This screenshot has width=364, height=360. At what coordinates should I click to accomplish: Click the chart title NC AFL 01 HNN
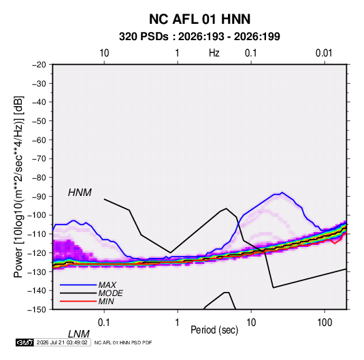(199, 19)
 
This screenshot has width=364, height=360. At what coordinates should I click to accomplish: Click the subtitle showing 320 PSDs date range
(199, 37)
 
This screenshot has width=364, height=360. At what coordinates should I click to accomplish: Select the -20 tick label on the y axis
(39, 65)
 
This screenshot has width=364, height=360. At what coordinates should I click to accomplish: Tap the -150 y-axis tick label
(37, 310)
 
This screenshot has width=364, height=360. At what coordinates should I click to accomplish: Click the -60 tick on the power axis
(39, 140)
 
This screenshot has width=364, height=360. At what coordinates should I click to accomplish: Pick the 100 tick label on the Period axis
(325, 323)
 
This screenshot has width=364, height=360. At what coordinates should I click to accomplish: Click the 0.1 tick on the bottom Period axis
(104, 323)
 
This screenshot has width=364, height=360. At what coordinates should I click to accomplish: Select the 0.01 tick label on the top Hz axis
(324, 53)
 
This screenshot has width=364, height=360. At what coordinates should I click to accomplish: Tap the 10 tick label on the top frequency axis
(104, 53)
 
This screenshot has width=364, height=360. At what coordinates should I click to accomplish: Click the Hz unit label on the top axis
(214, 53)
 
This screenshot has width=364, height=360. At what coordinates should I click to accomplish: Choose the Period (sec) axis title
(214, 330)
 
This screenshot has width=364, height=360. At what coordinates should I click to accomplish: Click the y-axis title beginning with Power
(18, 187)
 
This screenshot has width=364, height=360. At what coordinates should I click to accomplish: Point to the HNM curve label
(80, 193)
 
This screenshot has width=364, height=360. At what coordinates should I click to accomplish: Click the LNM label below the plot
(78, 334)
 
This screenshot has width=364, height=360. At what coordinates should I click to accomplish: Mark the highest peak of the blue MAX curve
(282, 193)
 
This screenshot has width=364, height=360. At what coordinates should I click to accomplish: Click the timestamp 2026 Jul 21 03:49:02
(62, 342)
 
